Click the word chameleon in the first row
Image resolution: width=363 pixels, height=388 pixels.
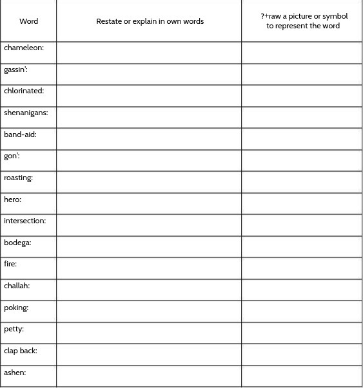(x=24, y=48)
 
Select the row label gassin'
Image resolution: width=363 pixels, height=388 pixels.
(x=15, y=69)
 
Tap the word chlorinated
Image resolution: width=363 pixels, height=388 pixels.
(x=24, y=91)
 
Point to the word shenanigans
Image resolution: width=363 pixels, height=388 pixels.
(x=26, y=113)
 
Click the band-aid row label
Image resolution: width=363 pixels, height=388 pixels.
(x=20, y=134)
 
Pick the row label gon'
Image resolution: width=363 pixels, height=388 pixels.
(x=12, y=156)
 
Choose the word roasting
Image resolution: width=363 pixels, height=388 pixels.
(x=18, y=178)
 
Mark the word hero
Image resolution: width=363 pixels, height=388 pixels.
(x=12, y=199)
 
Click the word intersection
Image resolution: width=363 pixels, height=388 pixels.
(x=25, y=221)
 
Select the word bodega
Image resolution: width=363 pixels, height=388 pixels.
(x=17, y=243)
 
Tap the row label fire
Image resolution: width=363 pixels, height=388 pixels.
(x=10, y=264)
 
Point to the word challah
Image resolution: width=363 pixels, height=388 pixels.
(x=17, y=286)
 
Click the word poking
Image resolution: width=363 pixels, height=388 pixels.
(x=16, y=308)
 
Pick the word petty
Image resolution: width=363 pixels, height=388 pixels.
(x=14, y=329)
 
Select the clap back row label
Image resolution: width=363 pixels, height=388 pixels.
(x=21, y=351)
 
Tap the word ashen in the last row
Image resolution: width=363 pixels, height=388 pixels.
(x=15, y=373)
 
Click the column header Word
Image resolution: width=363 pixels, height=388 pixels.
(x=28, y=21)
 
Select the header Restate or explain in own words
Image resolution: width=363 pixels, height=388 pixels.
(x=150, y=21)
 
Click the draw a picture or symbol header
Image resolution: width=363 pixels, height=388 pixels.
(x=303, y=21)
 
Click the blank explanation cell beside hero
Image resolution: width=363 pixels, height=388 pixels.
(x=149, y=203)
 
